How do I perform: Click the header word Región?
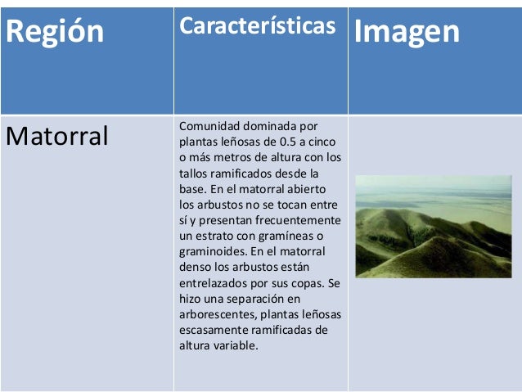(56, 32)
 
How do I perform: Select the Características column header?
(257, 25)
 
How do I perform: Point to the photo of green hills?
(433, 226)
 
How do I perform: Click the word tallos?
(193, 173)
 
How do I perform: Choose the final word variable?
(236, 345)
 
